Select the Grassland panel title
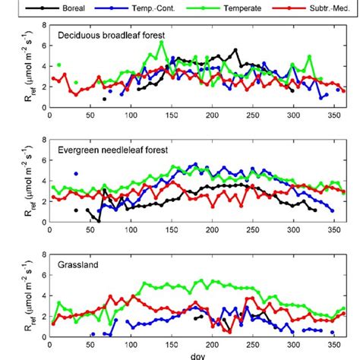80,264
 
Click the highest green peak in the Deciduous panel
161,43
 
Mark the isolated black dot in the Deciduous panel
105,99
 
